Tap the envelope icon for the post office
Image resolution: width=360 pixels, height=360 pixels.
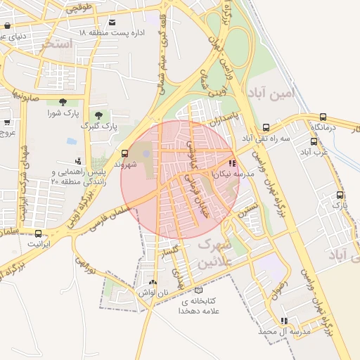point(112,22)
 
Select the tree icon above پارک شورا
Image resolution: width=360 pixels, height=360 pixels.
point(63,102)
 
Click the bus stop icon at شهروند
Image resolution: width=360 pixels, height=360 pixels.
point(124,153)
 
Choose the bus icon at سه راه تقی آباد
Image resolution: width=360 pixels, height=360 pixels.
point(266,128)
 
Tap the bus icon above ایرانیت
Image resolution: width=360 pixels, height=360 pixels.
point(38,233)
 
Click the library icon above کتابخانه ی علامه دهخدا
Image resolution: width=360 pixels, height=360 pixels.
point(198,290)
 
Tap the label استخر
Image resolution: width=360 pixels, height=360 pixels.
point(57,44)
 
